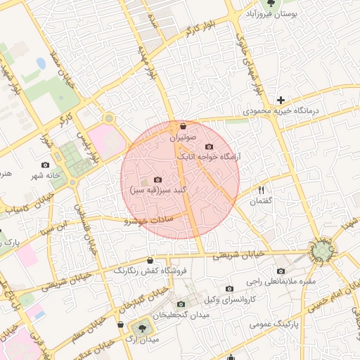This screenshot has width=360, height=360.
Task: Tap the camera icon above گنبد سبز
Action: click(156, 180)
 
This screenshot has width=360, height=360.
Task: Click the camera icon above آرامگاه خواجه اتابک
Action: click(208, 146)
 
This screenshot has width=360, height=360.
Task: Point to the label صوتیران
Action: click(183, 137)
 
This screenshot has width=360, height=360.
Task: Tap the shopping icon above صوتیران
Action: click(183, 127)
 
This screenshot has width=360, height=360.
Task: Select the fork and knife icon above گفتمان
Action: click(261, 190)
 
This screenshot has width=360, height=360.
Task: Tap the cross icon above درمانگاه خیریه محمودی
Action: click(281, 100)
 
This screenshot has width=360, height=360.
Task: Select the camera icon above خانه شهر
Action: click(46, 165)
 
